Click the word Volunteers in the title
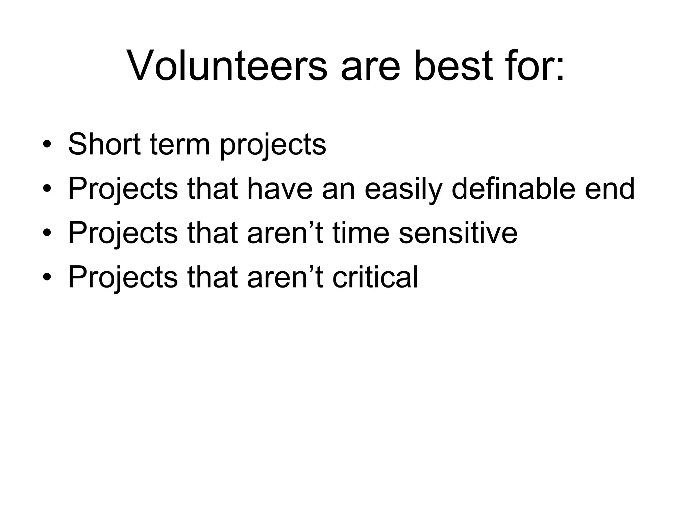pyautogui.click(x=227, y=66)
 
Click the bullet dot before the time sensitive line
pyautogui.click(x=47, y=234)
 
